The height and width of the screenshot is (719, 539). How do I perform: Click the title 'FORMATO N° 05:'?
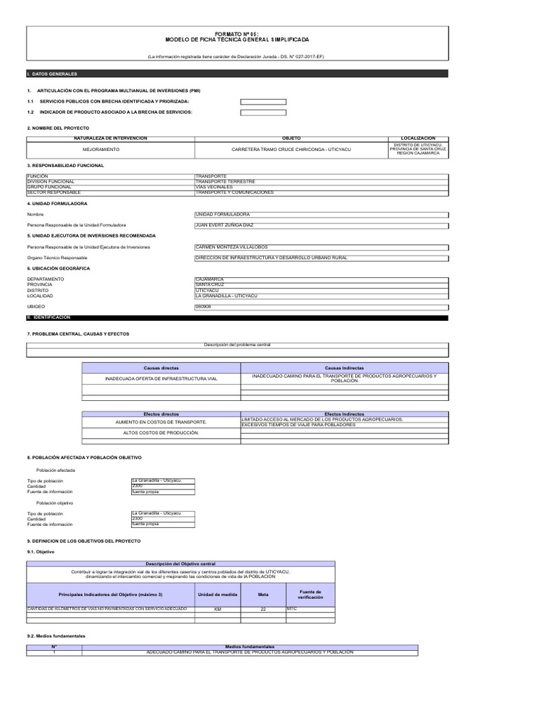click(237, 34)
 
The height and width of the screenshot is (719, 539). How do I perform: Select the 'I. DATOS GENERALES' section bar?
click(237, 74)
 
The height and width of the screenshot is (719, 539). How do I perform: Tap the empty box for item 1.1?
click(263, 102)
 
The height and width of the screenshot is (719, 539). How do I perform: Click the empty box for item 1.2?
click(263, 112)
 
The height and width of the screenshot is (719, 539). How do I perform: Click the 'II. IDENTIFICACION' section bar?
click(237, 318)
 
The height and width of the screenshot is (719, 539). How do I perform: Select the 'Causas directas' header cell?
click(161, 368)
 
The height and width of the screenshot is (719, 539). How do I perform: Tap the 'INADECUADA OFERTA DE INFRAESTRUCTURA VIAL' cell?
click(161, 378)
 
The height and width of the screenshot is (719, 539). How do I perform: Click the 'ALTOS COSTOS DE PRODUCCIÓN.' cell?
click(161, 433)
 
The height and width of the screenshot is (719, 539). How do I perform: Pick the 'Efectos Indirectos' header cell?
click(344, 414)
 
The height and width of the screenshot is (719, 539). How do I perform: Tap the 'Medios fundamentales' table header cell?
click(249, 647)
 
